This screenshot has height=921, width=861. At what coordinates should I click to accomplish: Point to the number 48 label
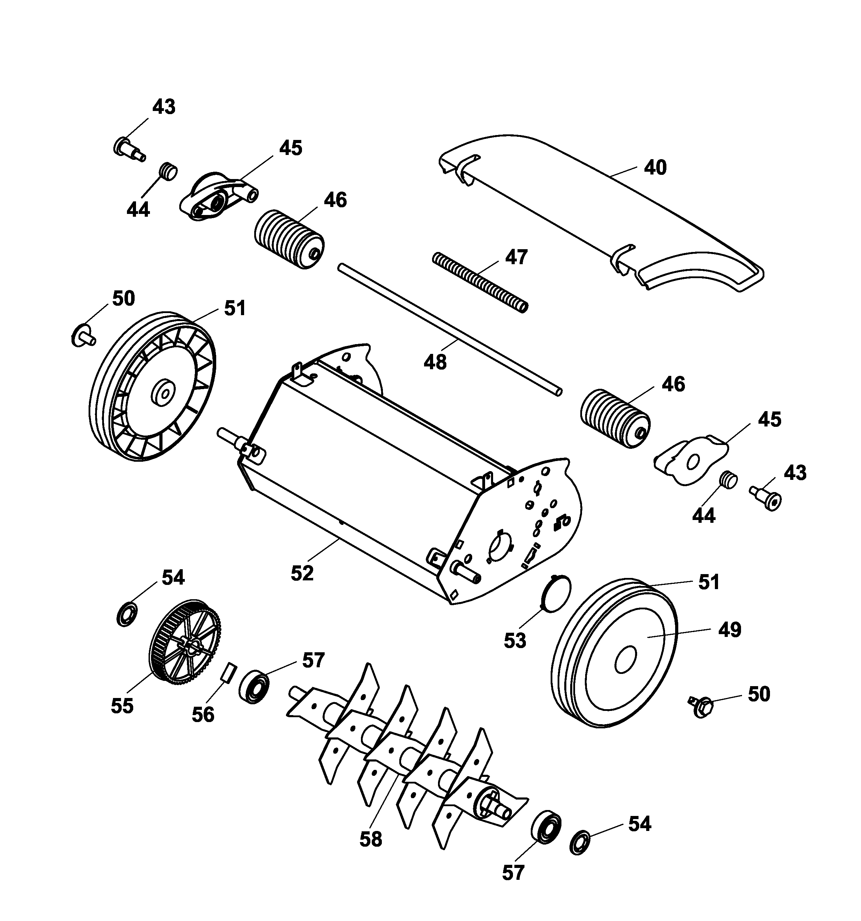tap(435, 362)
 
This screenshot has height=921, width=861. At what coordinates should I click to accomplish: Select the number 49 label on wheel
tap(730, 630)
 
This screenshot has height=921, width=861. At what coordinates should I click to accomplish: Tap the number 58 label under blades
tap(371, 839)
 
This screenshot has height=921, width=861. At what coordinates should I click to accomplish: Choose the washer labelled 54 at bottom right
tap(580, 843)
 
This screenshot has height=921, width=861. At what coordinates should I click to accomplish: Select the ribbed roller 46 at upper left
tap(289, 239)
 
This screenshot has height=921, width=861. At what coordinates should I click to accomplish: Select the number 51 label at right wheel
tap(709, 582)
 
